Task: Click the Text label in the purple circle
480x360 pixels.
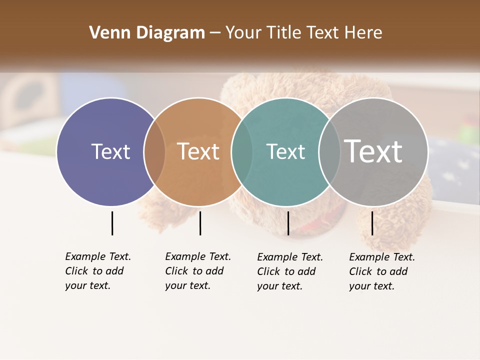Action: (x=110, y=151)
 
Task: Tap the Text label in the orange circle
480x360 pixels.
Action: (x=198, y=151)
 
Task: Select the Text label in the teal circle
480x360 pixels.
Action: (x=285, y=151)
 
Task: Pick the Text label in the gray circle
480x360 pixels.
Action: (x=373, y=151)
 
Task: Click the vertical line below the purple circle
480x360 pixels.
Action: (x=112, y=223)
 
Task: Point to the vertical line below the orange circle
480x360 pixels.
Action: (x=200, y=223)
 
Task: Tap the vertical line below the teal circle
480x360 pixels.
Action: (x=288, y=223)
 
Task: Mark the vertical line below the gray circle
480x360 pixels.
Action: (x=372, y=223)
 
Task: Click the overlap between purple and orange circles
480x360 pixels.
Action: (x=154, y=152)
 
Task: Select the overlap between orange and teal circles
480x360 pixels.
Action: (x=242, y=152)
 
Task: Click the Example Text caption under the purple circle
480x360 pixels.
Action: (x=98, y=271)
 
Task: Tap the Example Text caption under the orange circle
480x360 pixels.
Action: (x=198, y=271)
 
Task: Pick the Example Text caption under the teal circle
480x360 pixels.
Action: (x=290, y=271)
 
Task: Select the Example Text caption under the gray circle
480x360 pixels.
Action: (x=382, y=271)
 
